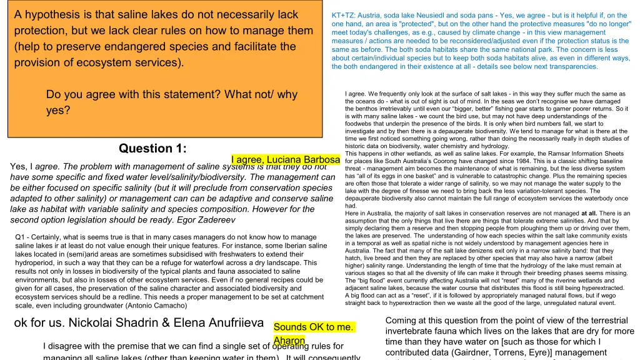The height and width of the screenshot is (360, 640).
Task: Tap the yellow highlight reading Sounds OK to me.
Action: [314, 327]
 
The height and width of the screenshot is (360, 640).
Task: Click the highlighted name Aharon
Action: [289, 341]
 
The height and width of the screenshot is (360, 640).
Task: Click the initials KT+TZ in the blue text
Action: [345, 16]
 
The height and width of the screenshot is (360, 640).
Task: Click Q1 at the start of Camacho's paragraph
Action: [20, 237]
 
